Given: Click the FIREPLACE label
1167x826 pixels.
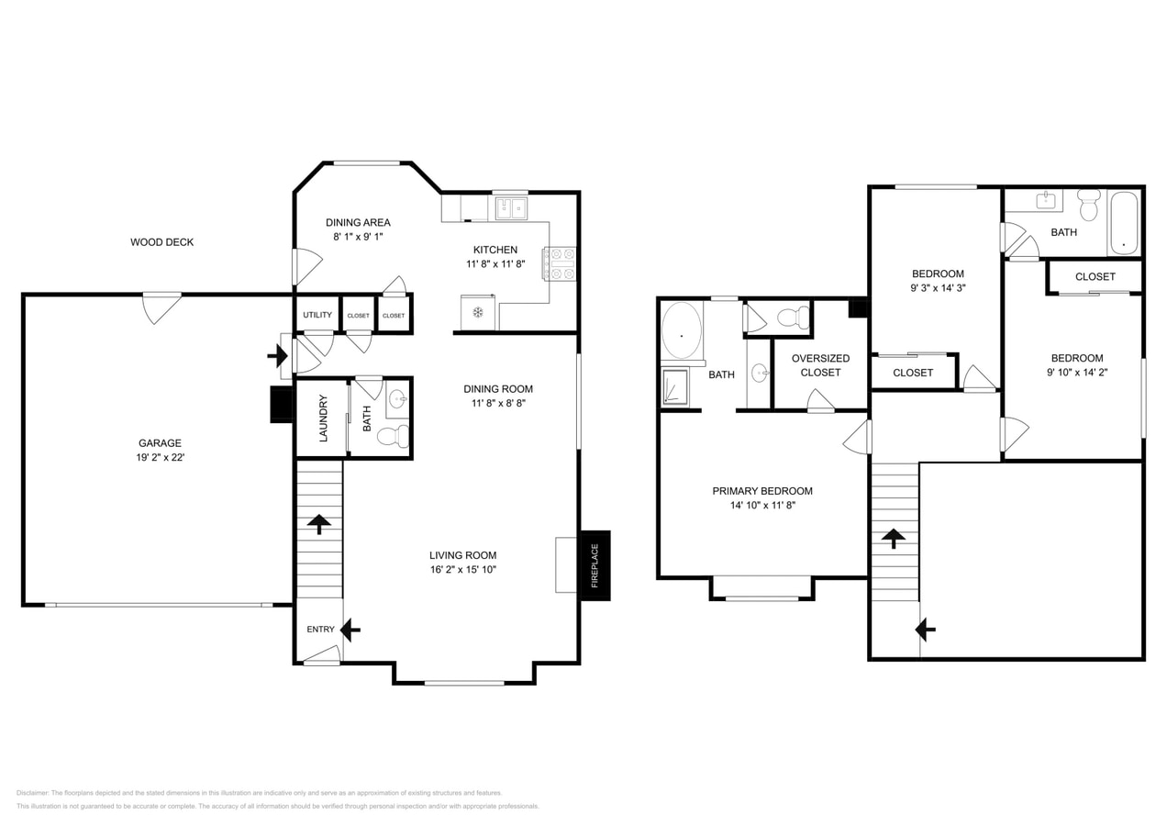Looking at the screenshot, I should point(595,565).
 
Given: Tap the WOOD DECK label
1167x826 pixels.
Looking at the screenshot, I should point(161,242).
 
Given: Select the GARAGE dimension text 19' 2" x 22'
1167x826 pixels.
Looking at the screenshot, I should point(160,457).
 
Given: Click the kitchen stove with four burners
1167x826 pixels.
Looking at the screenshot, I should point(559,263).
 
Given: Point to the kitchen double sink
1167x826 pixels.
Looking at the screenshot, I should point(511,208).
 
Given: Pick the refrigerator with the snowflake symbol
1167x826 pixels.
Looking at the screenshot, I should point(478,312).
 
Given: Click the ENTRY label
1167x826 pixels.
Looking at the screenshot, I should point(320,630).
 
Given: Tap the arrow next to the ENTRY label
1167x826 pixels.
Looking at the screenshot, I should point(350,630).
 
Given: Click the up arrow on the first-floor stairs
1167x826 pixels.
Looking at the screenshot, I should point(319,524).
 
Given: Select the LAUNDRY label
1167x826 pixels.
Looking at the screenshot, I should point(323,418).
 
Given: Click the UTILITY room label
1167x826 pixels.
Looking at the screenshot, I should point(317,315).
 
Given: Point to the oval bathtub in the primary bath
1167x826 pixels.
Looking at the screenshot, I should point(682,330).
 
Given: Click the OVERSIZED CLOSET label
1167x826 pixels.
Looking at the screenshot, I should point(820,365).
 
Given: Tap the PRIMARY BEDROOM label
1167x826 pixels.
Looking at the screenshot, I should point(762,491).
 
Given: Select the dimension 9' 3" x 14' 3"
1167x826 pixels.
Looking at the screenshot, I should point(938,287).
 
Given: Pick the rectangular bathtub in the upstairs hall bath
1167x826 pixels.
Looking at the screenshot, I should point(1124,221).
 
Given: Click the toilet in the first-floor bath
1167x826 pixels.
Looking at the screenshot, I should point(394,436).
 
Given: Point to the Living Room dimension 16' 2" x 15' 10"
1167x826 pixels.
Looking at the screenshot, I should point(462,569).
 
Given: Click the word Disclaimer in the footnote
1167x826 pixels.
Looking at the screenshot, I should point(32,793).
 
